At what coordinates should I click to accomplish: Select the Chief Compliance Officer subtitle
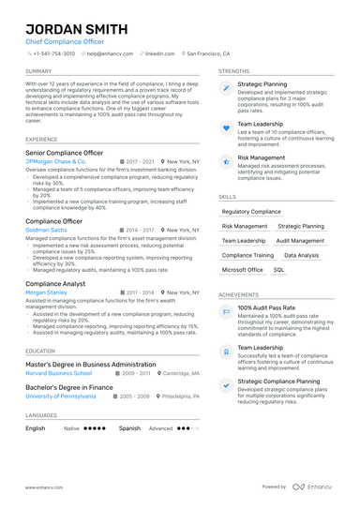[65, 42]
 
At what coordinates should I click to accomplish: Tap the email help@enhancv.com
[112, 54]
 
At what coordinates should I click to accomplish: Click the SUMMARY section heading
[38, 71]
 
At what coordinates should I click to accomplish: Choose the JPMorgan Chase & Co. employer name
[55, 161]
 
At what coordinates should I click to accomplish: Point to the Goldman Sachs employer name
[46, 230]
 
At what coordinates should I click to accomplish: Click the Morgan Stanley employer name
[46, 292]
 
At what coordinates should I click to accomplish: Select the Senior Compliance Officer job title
[64, 152]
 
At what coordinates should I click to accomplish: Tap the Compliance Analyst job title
[55, 282]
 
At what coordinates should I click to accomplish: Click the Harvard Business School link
[58, 372]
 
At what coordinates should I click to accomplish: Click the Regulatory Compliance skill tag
[251, 212]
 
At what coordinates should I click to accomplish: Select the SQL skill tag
[278, 269]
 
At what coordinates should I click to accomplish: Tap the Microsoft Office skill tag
[242, 269]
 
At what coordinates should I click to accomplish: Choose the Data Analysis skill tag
[302, 255]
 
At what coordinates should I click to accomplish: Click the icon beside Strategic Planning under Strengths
[226, 87]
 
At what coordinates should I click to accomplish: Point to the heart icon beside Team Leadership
[226, 127]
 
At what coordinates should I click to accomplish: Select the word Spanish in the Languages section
[129, 427]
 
